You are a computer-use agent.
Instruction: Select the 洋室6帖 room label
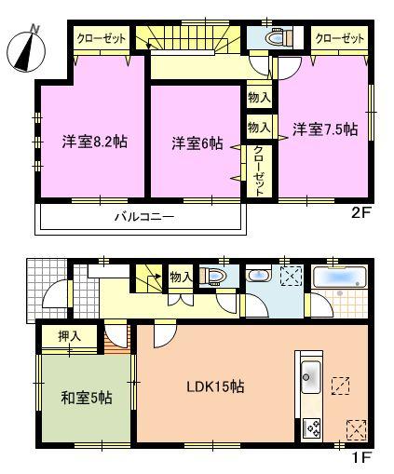197,143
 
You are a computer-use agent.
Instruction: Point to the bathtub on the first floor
340,278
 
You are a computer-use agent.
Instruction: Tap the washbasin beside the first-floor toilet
258,276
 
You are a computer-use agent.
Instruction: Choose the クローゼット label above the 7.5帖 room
339,39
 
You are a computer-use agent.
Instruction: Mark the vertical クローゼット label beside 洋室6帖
259,170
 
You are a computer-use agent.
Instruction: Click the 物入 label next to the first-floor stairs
181,276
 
